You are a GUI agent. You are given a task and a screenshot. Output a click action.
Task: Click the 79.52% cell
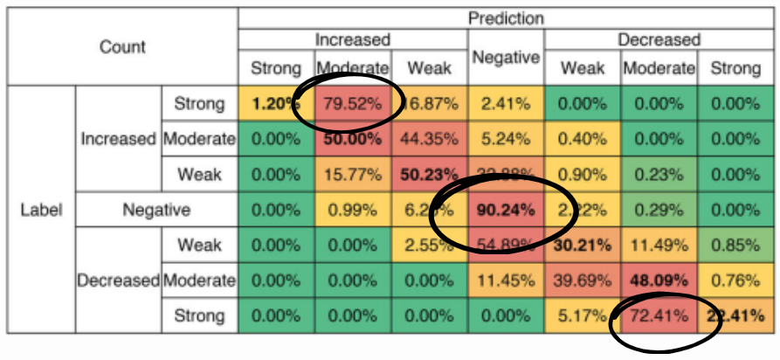tap(353, 103)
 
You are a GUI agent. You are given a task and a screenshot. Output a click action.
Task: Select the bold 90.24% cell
tap(506, 210)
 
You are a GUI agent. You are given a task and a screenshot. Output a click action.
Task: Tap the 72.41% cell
tap(659, 315)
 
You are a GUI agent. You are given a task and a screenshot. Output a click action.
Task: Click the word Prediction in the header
tap(506, 17)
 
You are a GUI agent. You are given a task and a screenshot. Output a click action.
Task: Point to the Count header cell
tap(121, 47)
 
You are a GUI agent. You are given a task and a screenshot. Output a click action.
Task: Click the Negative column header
tap(506, 57)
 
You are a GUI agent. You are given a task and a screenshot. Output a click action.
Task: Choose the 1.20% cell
tap(276, 103)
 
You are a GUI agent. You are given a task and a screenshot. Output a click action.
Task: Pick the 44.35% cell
tap(429, 138)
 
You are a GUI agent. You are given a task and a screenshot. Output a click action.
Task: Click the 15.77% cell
tap(353, 174)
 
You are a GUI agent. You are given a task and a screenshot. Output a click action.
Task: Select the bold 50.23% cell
tap(429, 174)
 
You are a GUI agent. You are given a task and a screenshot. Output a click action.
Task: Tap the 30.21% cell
tap(583, 246)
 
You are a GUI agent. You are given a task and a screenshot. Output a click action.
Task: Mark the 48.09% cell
tap(659, 280)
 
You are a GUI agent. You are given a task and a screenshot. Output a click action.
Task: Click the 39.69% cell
tap(583, 280)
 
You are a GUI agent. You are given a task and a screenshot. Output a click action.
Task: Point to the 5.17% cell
tap(583, 315)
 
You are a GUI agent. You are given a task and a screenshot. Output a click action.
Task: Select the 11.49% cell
tap(659, 246)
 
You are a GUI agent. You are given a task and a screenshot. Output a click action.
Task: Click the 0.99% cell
tap(353, 210)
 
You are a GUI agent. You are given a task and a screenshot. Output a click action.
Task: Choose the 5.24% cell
tap(506, 138)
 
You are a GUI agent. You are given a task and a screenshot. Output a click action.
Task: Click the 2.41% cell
tap(506, 103)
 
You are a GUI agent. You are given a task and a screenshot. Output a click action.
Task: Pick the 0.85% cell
tap(735, 246)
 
